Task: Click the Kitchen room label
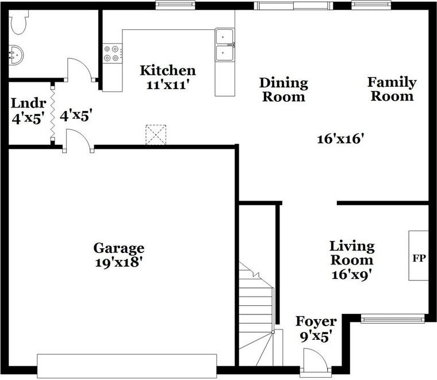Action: tap(168, 71)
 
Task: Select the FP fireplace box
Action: tap(419, 256)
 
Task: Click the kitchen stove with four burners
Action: tap(112, 53)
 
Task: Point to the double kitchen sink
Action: tap(225, 45)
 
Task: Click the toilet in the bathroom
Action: tap(18, 24)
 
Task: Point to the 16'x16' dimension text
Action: tap(342, 138)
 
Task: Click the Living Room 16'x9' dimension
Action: tap(351, 275)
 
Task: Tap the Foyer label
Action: tap(316, 321)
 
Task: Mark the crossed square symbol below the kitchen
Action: tap(155, 135)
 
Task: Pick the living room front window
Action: tap(393, 318)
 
